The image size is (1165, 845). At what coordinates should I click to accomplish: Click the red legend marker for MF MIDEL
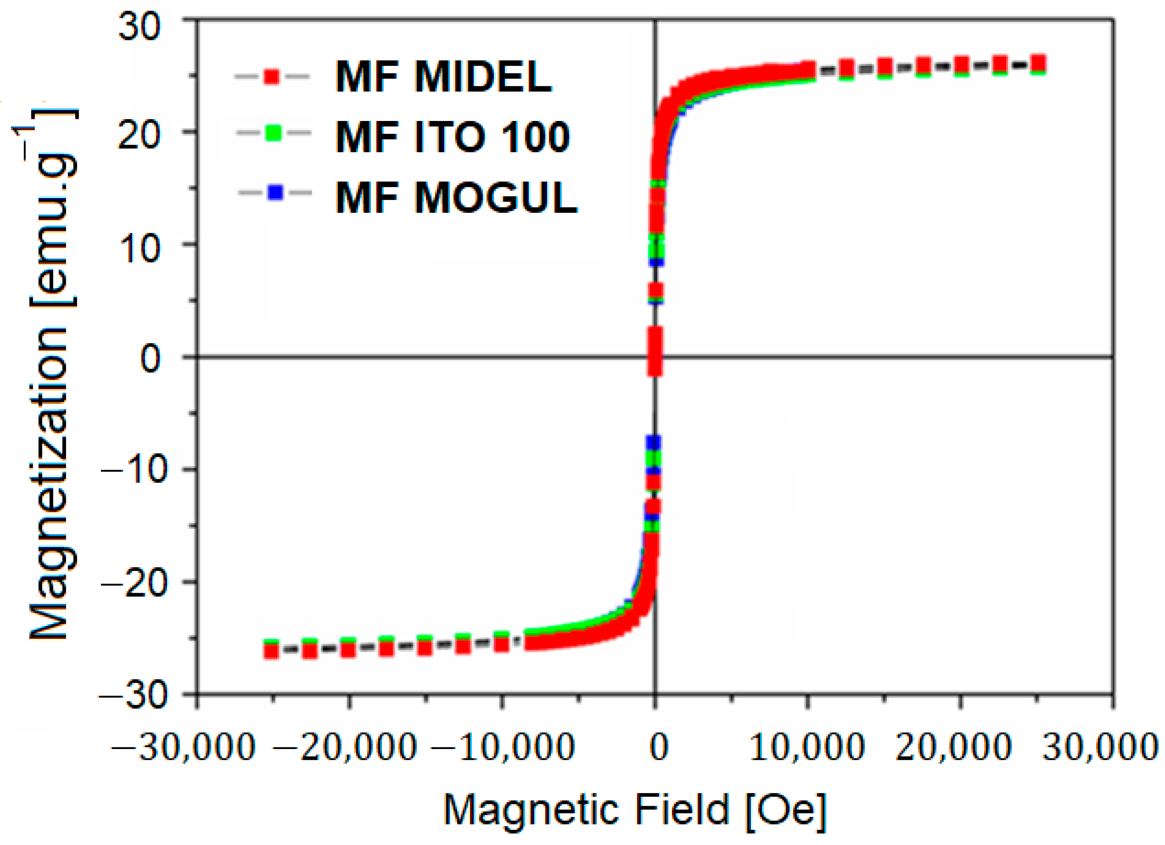tap(272, 76)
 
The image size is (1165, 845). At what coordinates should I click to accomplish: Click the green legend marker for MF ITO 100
tap(273, 133)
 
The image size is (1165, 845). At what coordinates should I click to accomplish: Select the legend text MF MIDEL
tap(443, 77)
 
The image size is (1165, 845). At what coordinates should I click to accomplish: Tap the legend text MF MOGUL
tap(456, 198)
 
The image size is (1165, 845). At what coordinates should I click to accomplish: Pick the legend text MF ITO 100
tap(452, 137)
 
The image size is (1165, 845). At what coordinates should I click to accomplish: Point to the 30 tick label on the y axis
tap(139, 27)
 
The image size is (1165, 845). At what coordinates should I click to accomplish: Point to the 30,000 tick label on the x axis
tap(1099, 747)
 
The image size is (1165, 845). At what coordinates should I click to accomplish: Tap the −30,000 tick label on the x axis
tap(183, 747)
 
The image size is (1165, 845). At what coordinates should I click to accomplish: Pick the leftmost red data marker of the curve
tap(271, 651)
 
